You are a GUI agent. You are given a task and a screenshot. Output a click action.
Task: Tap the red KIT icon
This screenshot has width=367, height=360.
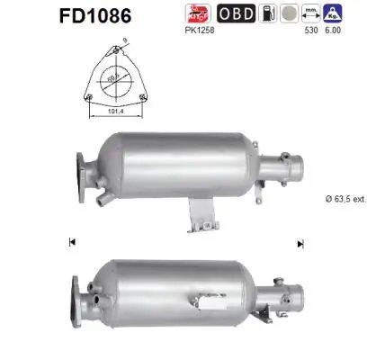coord(221,15)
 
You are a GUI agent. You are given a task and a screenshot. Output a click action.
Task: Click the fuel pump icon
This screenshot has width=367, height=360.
coord(290,15)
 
